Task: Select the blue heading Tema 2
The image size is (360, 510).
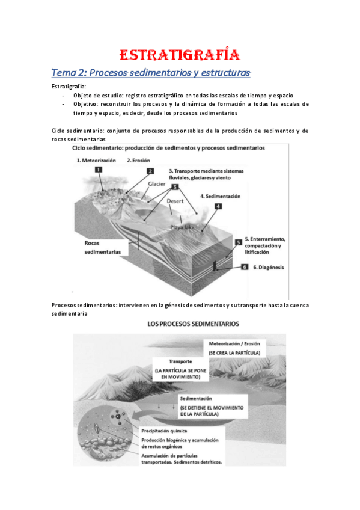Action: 150,73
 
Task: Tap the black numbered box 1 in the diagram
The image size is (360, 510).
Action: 99,170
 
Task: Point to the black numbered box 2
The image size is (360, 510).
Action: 150,171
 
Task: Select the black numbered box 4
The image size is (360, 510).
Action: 218,206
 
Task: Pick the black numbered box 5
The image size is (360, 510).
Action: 238,242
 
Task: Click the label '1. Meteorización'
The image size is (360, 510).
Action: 97,161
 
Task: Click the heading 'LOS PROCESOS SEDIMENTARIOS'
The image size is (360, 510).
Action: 193,324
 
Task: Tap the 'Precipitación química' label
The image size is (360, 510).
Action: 164,431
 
